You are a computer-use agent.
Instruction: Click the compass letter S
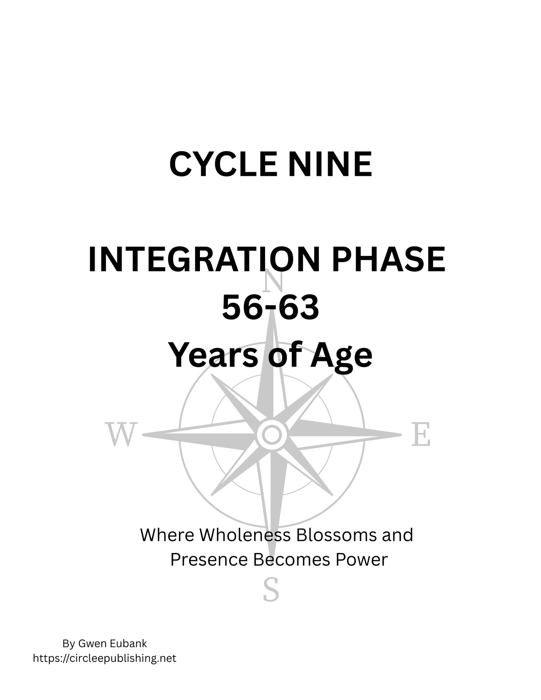pyautogui.click(x=271, y=590)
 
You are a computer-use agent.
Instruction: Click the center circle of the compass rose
pyautogui.click(x=272, y=435)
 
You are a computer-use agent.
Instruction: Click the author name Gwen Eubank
pyautogui.click(x=112, y=644)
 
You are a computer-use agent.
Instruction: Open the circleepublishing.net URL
pyautogui.click(x=104, y=658)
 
